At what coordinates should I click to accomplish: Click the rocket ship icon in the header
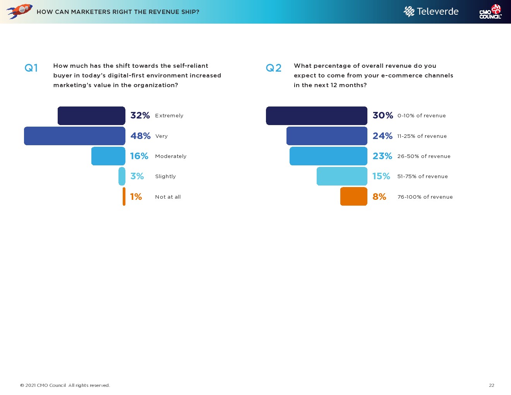click(x=19, y=11)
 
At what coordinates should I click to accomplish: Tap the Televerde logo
click(x=431, y=12)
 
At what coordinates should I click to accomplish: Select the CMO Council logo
click(x=490, y=12)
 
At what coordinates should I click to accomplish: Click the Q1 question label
click(x=31, y=68)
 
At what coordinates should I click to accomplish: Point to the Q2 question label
click(x=273, y=68)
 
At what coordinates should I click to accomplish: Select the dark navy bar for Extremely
click(x=91, y=116)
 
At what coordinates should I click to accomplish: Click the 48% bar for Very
click(x=75, y=136)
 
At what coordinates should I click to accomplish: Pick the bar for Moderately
click(x=108, y=156)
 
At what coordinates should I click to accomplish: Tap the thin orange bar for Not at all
click(x=124, y=196)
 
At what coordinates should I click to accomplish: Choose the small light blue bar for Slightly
click(x=122, y=176)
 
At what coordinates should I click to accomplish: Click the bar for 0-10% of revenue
click(x=317, y=116)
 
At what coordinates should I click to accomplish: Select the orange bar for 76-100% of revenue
click(x=354, y=196)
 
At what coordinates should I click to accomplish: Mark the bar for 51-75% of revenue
click(x=342, y=176)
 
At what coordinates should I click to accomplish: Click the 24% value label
click(x=382, y=136)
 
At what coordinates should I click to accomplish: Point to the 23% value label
click(x=382, y=156)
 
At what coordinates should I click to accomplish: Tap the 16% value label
click(x=139, y=156)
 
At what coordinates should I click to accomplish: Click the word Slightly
click(x=165, y=176)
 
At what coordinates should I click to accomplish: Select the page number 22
click(x=492, y=385)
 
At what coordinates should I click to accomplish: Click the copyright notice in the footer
click(x=65, y=385)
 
